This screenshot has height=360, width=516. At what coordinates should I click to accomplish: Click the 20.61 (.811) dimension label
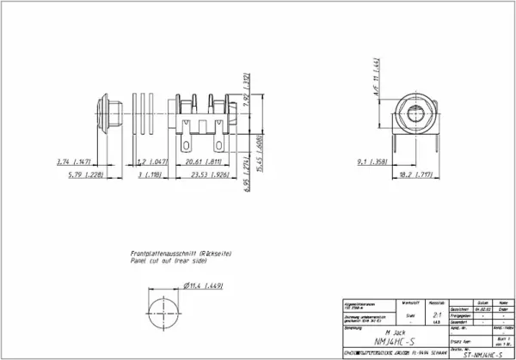(200, 162)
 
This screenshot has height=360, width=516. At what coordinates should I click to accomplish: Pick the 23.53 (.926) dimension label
(200, 175)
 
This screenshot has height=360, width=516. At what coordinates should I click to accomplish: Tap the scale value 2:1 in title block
(438, 316)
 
